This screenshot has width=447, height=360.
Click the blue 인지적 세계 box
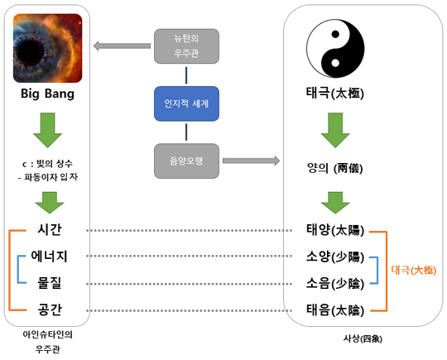pos(186,103)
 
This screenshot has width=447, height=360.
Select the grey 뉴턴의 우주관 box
pos(186,46)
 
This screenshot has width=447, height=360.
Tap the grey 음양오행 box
pos(186,161)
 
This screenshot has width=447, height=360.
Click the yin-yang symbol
pos(335,49)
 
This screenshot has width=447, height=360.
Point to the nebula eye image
pos(48,48)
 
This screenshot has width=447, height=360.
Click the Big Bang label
pos(48,94)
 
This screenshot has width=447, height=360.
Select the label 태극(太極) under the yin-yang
pos(335,93)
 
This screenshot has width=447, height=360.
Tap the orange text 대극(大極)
pos(414,270)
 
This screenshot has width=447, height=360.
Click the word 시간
pos(50,229)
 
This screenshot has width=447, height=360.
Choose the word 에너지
pos(50,256)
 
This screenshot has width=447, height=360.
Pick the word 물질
pos(50,283)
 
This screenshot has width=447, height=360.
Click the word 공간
pos(50,310)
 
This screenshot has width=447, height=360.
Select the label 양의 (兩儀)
pos(335,168)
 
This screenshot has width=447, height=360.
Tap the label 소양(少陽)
pos(335,257)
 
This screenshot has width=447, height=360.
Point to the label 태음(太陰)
pos(335,310)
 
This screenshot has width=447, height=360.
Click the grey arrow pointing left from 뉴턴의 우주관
pos(122,46)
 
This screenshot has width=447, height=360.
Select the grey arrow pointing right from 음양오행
pos(251,161)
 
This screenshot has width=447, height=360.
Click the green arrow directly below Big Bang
pos(48,130)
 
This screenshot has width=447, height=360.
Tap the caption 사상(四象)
pos(363,338)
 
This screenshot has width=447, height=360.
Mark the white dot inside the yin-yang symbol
pos(335,63)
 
